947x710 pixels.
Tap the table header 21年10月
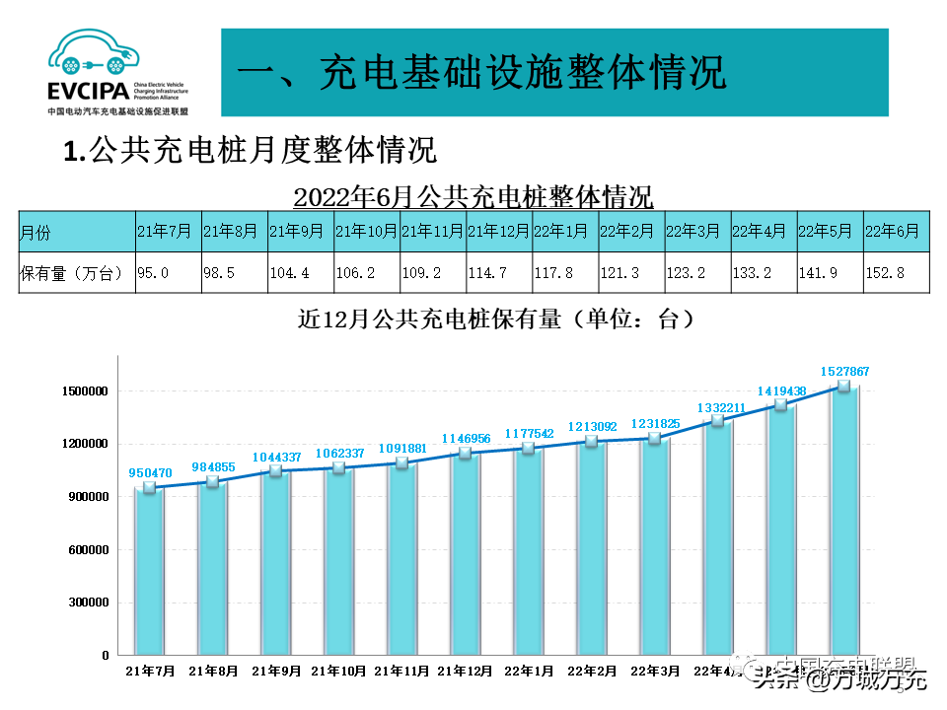click(x=366, y=232)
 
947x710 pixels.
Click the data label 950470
click(x=151, y=472)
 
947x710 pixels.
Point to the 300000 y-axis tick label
click(x=86, y=603)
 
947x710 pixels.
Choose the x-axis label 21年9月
click(x=276, y=671)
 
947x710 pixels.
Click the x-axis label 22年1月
click(x=528, y=671)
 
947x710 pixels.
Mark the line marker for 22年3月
click(x=654, y=438)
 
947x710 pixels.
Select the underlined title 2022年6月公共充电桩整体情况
click(x=473, y=196)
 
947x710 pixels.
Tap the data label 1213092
click(x=592, y=427)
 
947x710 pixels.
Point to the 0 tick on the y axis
click(x=105, y=655)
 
